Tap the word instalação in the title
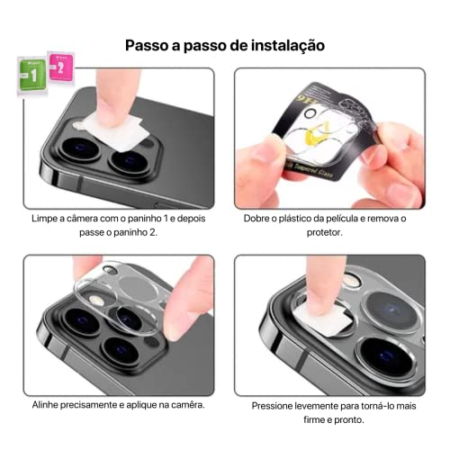tap(282, 44)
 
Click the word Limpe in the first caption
tap(45, 218)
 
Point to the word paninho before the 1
tap(157, 218)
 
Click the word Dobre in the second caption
tap(261, 218)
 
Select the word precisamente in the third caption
tap(99, 405)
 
